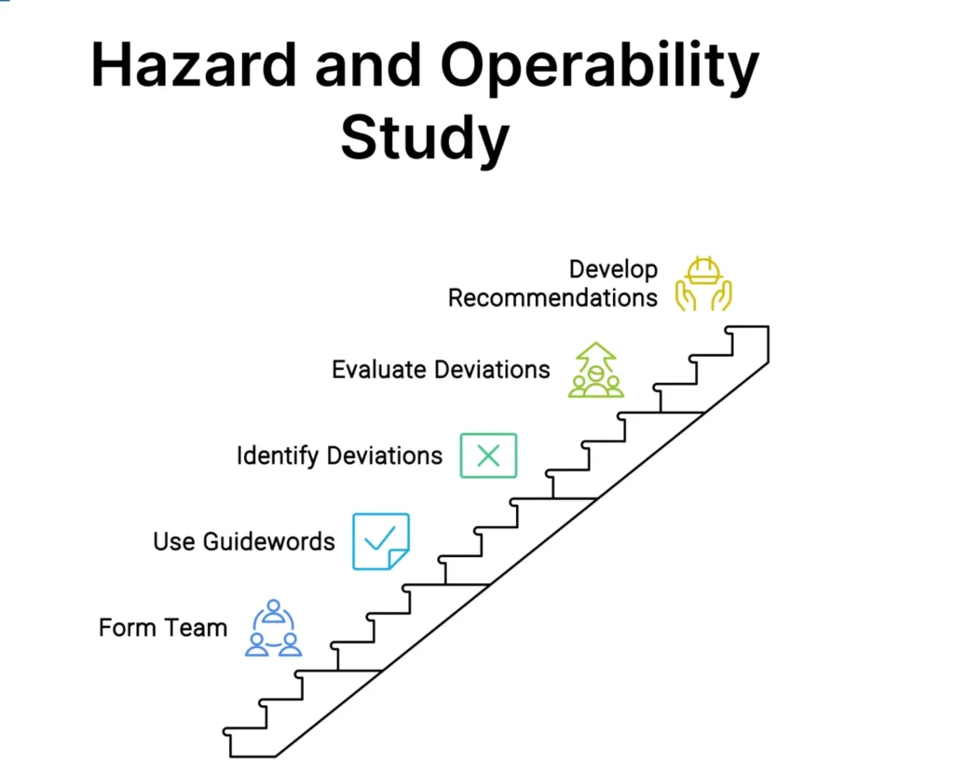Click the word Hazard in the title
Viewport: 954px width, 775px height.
(194, 65)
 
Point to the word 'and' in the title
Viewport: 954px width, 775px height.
(368, 65)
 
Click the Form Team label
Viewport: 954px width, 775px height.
(163, 627)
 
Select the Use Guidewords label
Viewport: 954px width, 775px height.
(243, 541)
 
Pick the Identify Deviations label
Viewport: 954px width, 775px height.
(339, 455)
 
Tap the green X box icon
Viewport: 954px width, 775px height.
(488, 455)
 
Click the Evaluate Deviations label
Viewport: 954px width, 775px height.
(441, 369)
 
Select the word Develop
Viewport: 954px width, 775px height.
(613, 269)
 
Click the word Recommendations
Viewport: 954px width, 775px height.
(552, 298)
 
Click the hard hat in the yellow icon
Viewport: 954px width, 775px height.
(704, 271)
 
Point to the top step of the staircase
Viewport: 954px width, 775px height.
(747, 327)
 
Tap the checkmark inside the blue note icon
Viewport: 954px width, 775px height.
(380, 537)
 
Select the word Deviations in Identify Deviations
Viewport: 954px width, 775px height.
(385, 455)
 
